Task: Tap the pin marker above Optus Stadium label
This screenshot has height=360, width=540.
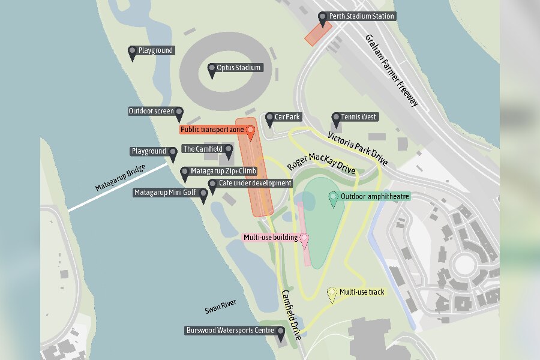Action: pyautogui.click(x=212, y=70)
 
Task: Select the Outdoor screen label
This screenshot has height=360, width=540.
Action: pyautogui.click(x=151, y=111)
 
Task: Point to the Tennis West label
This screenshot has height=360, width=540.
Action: pyautogui.click(x=359, y=116)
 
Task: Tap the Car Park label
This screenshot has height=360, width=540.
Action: pyautogui.click(x=289, y=116)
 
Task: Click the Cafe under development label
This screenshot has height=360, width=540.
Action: pyautogui.click(x=255, y=183)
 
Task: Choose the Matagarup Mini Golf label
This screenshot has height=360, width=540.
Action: pyautogui.click(x=166, y=193)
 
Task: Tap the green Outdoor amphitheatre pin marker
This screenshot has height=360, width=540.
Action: pyautogui.click(x=333, y=197)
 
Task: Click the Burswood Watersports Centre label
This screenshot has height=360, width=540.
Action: pyautogui.click(x=230, y=331)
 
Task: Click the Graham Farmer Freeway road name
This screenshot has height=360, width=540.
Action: pyautogui.click(x=391, y=71)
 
